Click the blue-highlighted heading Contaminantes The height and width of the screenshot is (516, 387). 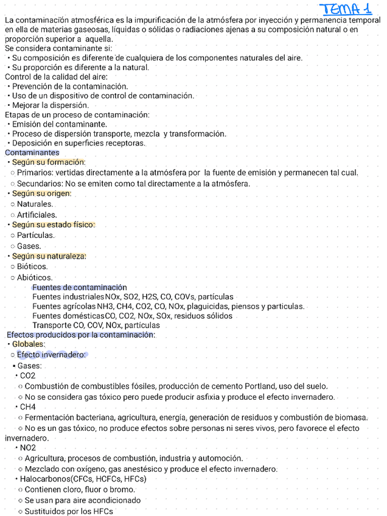32,153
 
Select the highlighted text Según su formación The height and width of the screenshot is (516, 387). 49,162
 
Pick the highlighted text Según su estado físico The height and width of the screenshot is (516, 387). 54,225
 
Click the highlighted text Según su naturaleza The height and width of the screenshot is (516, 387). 49,256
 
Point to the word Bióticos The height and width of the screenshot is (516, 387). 32,267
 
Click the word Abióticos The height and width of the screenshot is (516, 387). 35,277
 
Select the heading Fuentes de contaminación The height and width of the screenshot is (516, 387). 80,287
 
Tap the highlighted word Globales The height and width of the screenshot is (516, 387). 29,344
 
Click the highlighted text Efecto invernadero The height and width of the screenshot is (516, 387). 51,355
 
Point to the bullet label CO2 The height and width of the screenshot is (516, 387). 27,376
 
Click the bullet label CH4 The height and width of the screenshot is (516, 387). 27,407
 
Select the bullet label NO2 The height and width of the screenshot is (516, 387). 27,448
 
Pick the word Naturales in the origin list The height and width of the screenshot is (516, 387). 35,204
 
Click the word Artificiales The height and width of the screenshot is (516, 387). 37,215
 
